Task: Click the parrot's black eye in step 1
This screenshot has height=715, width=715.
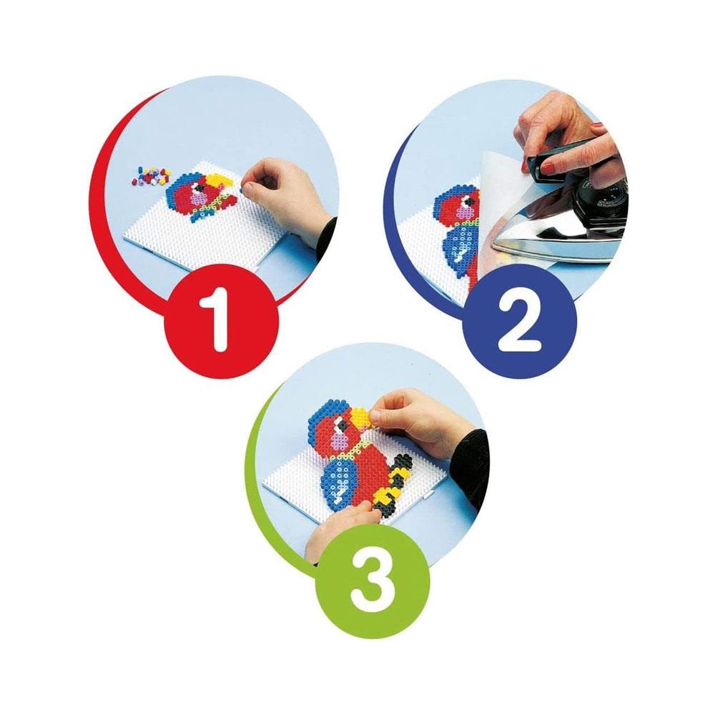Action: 198,187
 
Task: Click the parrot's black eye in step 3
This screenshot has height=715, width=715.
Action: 337,427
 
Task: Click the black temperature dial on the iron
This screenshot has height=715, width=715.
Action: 593,206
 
